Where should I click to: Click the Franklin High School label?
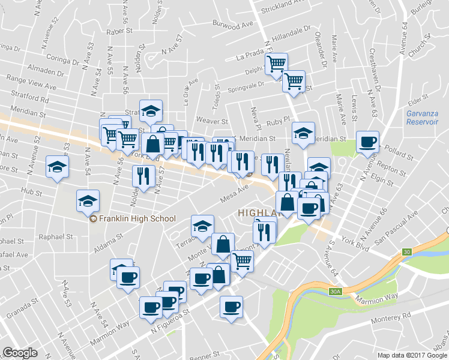[x=137, y=219]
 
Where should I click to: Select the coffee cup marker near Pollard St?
[x=367, y=143]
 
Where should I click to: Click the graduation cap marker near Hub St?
[x=57, y=167]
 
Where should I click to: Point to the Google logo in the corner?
[x=20, y=353]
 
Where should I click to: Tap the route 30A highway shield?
[x=336, y=292]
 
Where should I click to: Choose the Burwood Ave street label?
[x=232, y=24]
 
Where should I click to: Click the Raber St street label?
[x=118, y=31]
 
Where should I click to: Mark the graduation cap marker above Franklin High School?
[x=88, y=201]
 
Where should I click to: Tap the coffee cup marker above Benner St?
[x=231, y=307]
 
